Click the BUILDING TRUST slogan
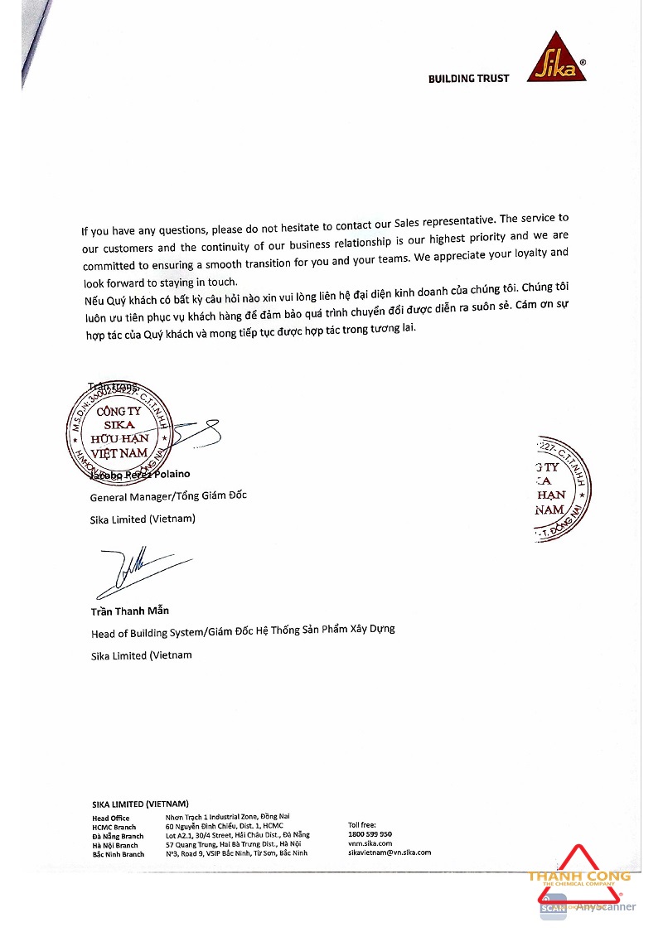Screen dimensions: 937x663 coord(468,79)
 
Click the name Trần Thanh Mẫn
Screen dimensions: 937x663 coord(130,611)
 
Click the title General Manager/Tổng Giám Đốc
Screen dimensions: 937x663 coord(168,496)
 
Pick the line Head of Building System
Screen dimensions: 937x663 coord(242,630)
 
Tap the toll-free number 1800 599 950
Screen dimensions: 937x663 coord(370,834)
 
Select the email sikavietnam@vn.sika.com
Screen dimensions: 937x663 coord(390,852)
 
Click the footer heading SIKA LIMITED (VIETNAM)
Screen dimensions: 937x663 coord(140,804)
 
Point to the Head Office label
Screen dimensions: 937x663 coord(111,818)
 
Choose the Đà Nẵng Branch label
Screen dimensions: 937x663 coord(118,836)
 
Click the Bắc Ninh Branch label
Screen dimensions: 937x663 coord(119,854)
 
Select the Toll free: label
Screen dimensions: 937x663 coord(362,825)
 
